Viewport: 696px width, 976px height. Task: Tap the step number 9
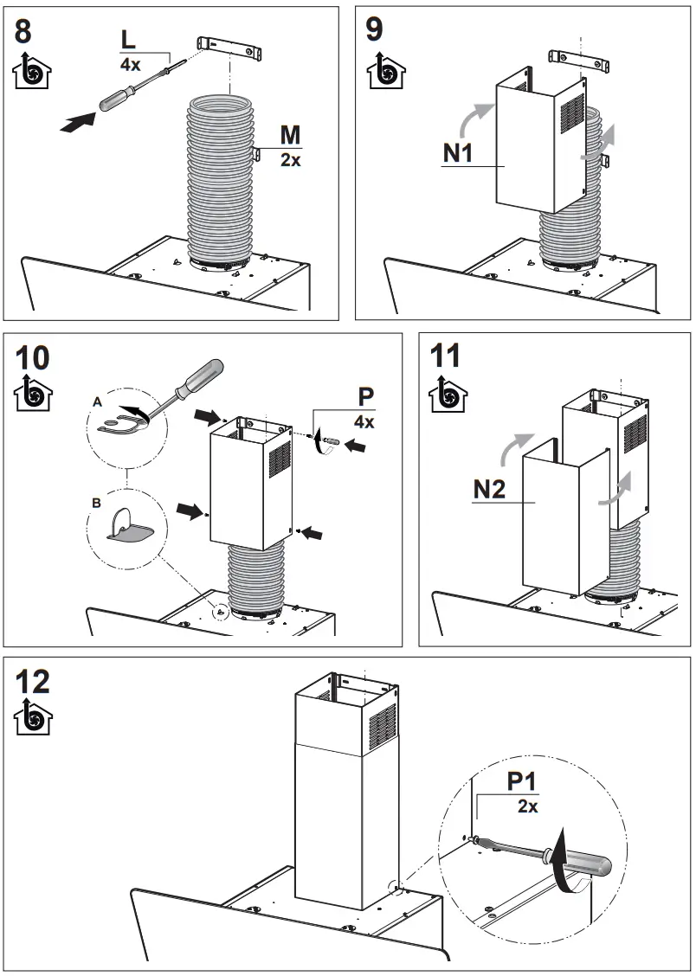click(375, 29)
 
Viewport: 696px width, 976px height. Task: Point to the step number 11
click(446, 356)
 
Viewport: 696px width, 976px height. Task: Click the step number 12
click(33, 682)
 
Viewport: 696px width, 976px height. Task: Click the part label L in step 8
click(128, 41)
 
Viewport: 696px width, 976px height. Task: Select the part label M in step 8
click(290, 137)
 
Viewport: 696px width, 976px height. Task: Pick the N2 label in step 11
click(489, 490)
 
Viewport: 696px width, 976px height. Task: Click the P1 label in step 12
click(522, 782)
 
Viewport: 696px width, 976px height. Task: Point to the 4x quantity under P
click(364, 422)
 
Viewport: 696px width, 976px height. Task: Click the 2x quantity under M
click(290, 160)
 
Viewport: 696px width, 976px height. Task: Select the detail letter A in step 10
click(97, 403)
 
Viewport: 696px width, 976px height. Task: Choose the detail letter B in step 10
click(96, 502)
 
